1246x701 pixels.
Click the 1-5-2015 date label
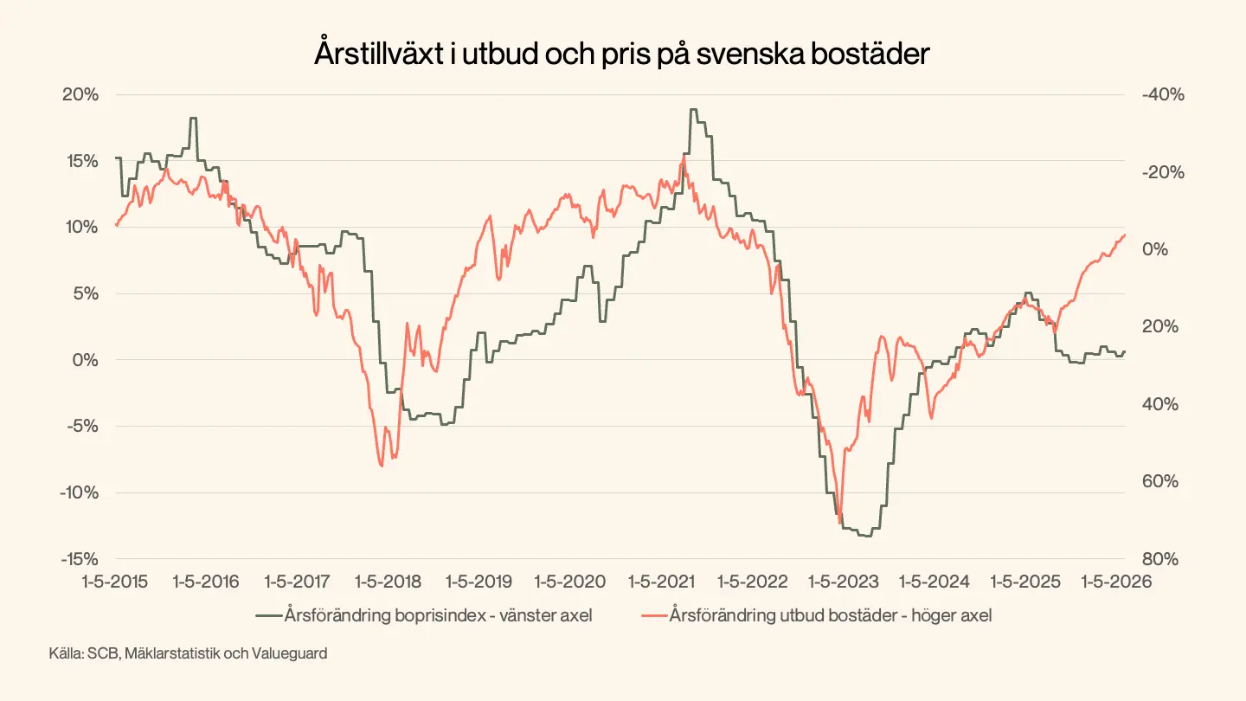click(x=115, y=581)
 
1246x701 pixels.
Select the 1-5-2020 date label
click(x=568, y=581)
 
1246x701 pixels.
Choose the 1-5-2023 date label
click(x=841, y=581)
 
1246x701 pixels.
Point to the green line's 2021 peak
click(x=693, y=110)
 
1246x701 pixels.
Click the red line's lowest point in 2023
click(x=840, y=521)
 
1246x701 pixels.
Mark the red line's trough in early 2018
click(x=382, y=466)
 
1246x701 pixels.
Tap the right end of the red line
click(x=1125, y=235)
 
